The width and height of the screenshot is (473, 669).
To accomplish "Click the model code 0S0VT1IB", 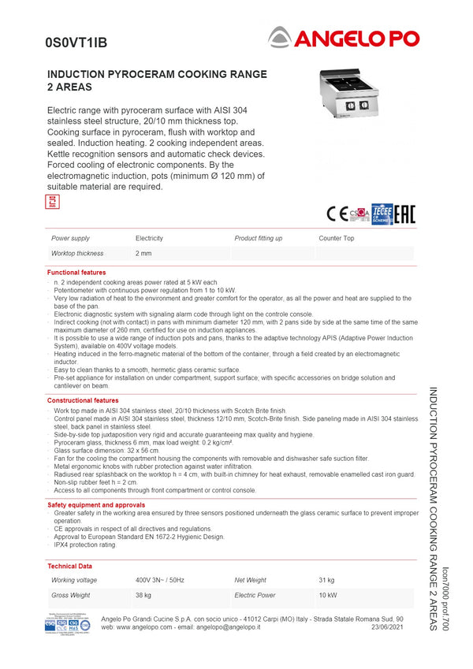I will [x=76, y=43].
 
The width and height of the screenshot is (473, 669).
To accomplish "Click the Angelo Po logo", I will [x=343, y=37].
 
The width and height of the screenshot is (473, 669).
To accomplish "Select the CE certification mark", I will [x=337, y=214].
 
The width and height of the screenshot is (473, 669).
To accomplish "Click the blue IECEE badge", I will [x=382, y=214].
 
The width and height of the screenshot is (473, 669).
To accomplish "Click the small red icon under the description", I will [x=53, y=202].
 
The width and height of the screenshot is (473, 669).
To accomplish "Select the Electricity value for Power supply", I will [x=149, y=238].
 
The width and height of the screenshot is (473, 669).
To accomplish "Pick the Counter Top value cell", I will [x=337, y=238].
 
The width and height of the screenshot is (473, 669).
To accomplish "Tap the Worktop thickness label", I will [x=77, y=254].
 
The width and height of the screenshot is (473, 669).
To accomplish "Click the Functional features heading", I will [x=76, y=273].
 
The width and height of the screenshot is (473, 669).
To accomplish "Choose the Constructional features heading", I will [x=83, y=400].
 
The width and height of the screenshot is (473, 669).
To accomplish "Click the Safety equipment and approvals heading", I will [x=96, y=504].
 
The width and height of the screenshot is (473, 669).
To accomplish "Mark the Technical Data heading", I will [x=69, y=566].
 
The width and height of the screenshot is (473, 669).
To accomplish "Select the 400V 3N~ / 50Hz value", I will [x=160, y=580].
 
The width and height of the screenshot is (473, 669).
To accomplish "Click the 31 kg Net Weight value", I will [x=326, y=580].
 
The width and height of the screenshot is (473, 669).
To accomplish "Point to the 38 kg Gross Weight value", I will [x=143, y=595].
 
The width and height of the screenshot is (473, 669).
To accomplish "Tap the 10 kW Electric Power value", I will [x=328, y=595].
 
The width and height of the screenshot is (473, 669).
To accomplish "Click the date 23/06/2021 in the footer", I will [x=387, y=626].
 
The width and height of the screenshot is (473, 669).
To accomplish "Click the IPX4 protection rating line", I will [x=85, y=544].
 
